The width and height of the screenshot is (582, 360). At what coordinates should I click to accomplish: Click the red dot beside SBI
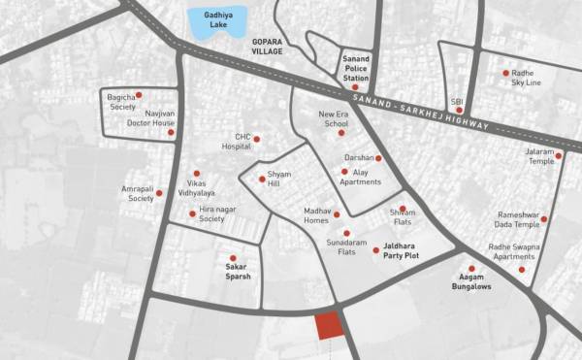459,111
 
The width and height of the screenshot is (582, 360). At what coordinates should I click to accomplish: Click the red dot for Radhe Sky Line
505,73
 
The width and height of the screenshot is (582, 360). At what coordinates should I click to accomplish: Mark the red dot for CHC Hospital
256,139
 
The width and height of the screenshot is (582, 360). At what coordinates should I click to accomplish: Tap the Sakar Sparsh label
239,270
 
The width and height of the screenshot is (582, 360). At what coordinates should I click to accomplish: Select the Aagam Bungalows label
469,282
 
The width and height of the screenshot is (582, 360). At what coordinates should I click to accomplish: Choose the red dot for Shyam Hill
262,179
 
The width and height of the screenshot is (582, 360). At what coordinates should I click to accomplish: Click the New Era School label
334,119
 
